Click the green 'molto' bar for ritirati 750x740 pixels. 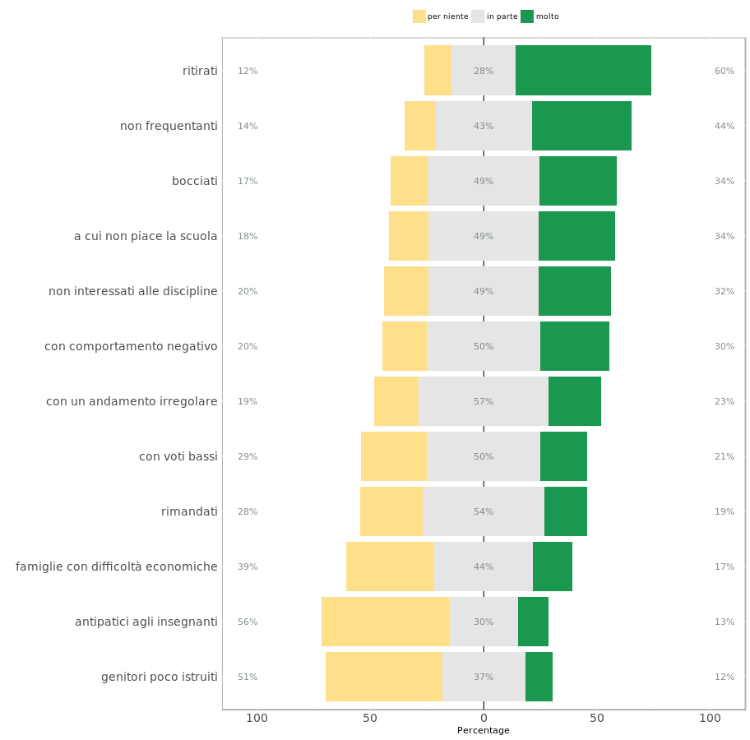[583, 71]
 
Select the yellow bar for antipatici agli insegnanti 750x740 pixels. [385, 622]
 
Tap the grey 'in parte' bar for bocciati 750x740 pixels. [484, 181]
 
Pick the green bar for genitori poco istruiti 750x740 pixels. [539, 677]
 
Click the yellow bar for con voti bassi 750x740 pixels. [394, 456]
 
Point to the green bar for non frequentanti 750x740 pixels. [581, 126]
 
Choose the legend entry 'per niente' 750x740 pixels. [441, 16]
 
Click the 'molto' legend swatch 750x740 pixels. [526, 16]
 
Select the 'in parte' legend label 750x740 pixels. [502, 16]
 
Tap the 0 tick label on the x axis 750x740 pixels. [484, 718]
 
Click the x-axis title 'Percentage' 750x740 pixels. [483, 730]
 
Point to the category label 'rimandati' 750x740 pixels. [189, 511]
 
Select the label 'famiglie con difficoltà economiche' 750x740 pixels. [117, 567]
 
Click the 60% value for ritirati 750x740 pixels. [725, 71]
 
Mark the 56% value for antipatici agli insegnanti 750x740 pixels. [248, 622]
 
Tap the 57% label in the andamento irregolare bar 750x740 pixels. [484, 401]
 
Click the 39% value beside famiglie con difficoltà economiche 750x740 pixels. [248, 567]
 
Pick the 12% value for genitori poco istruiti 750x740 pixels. [725, 677]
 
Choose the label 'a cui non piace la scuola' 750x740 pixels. [146, 236]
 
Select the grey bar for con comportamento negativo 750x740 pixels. [484, 346]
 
